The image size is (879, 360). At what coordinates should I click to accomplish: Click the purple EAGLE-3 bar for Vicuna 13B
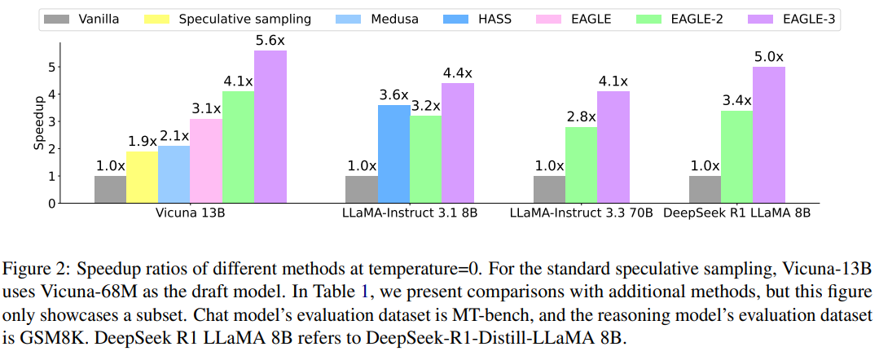270,126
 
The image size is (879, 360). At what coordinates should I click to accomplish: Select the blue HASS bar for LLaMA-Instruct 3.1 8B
393,154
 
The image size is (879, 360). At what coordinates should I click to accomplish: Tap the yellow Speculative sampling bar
142,177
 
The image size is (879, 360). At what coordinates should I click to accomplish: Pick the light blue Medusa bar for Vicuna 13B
174,174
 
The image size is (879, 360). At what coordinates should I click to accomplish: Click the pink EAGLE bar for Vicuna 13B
205,160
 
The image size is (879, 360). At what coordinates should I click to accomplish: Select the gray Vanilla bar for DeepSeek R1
705,189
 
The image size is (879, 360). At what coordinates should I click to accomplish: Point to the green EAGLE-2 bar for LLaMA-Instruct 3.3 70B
581,165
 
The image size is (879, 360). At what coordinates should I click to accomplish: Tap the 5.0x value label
768,57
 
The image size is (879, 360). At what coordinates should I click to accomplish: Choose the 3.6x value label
393,95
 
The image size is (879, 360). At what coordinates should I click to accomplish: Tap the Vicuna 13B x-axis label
190,213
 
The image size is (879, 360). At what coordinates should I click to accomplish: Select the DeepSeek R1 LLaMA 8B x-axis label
736,213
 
